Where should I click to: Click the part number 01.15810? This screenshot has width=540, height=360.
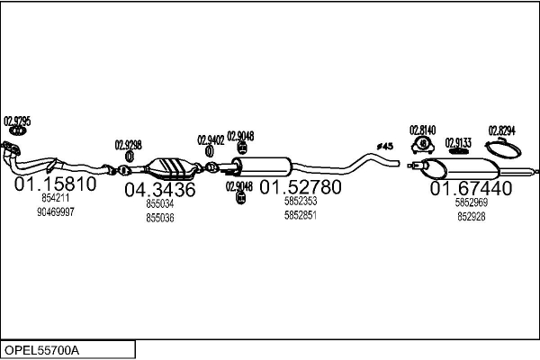(x=56, y=184)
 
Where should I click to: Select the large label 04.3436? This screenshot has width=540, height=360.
(x=160, y=190)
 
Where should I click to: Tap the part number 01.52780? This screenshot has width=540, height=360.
(x=301, y=187)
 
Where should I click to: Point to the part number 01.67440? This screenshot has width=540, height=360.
(x=471, y=188)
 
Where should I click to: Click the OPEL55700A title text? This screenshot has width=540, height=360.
(x=41, y=350)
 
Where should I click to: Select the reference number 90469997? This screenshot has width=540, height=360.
(x=56, y=212)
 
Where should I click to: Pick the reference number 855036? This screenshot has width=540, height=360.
(x=160, y=218)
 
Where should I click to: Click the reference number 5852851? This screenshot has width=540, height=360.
(x=301, y=215)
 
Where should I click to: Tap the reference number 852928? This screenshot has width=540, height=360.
(x=472, y=216)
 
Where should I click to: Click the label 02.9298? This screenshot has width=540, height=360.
(x=128, y=145)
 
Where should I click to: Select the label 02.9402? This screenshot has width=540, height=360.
(x=211, y=140)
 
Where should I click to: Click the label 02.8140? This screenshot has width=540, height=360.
(x=423, y=130)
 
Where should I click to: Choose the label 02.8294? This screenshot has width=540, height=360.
(x=502, y=130)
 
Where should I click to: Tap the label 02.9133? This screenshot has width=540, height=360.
(x=458, y=143)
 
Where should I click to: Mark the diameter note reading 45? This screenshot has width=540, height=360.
(x=385, y=147)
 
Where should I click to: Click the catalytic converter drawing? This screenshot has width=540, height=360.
(x=171, y=169)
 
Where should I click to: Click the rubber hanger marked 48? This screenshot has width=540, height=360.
(x=423, y=145)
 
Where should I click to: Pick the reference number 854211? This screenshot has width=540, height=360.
(x=56, y=198)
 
